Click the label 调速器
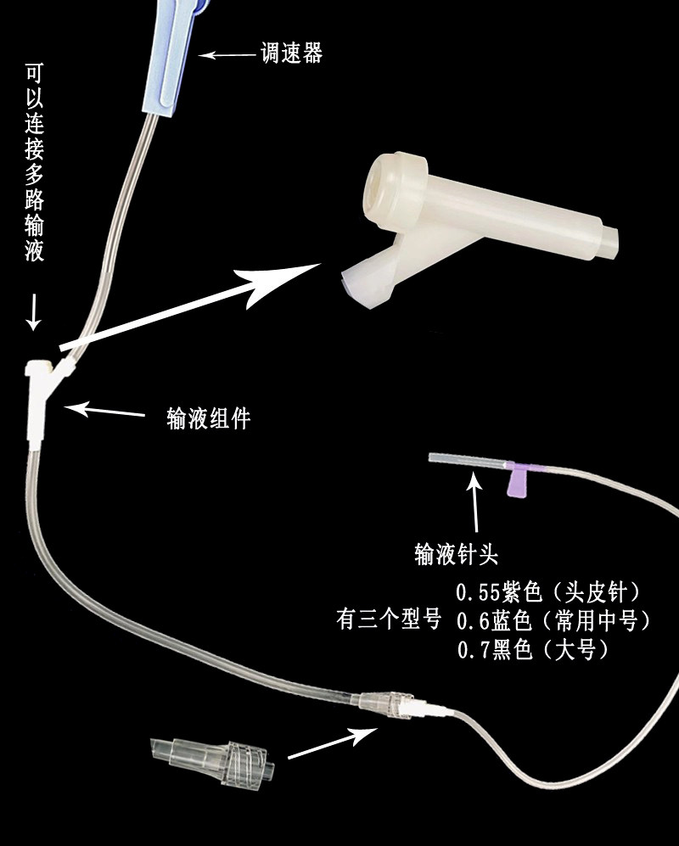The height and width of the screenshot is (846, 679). tap(291, 55)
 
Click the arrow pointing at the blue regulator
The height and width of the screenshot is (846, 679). tap(227, 56)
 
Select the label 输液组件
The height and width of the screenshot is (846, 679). tap(209, 418)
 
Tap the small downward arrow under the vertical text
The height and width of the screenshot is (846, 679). tap(33, 311)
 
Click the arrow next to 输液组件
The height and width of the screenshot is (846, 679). tap(105, 412)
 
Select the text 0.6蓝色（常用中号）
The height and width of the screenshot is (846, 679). tap(553, 621)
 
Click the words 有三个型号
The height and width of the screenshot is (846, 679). tap(388, 621)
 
